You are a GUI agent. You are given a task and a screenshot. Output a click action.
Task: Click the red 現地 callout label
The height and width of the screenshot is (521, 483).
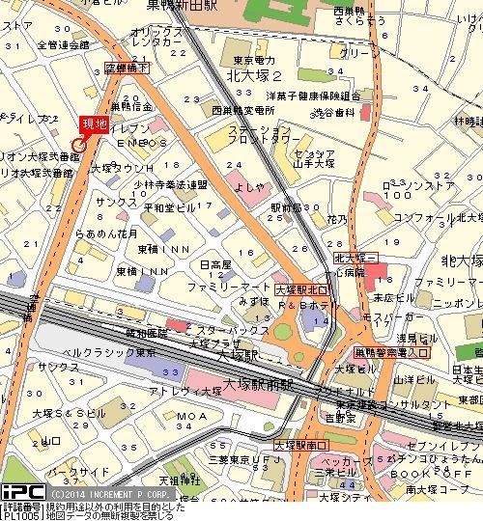pos(92,123)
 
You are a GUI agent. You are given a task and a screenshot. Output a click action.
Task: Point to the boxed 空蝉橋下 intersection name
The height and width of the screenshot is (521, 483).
pos(128,68)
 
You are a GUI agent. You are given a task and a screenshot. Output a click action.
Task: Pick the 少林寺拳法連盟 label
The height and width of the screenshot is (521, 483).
pos(170,184)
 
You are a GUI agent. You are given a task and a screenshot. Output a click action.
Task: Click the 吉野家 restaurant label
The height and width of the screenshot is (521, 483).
pos(339,418)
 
